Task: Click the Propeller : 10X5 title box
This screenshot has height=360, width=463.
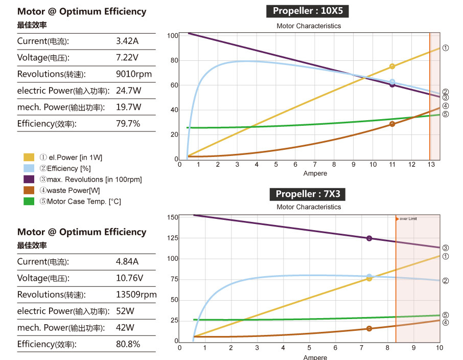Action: pyautogui.click(x=308, y=11)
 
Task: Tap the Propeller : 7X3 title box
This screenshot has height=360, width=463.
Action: pyautogui.click(x=308, y=194)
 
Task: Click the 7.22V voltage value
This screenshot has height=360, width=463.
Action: pyautogui.click(x=127, y=57)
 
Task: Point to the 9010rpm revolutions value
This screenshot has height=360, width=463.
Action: pyautogui.click(x=134, y=74)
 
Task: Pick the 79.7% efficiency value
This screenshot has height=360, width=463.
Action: pyautogui.click(x=128, y=123)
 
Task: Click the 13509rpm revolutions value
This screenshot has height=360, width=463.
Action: pyautogui.click(x=136, y=295)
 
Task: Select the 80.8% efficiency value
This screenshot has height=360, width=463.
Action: pyautogui.click(x=128, y=344)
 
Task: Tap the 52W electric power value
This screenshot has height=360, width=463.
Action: pyautogui.click(x=125, y=311)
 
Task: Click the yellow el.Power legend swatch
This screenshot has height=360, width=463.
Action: pyautogui.click(x=29, y=157)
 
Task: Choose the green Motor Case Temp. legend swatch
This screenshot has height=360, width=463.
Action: pyautogui.click(x=29, y=201)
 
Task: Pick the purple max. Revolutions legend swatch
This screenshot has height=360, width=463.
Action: pyautogui.click(x=29, y=179)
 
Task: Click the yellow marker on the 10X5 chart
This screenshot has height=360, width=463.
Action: pyautogui.click(x=392, y=66)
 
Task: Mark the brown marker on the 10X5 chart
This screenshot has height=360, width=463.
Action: pyautogui.click(x=392, y=124)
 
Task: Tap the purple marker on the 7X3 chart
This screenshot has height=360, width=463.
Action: pyautogui.click(x=369, y=238)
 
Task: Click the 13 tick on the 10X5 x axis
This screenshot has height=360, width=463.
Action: pyautogui.click(x=431, y=164)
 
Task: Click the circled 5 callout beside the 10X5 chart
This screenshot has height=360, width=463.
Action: pyautogui.click(x=445, y=114)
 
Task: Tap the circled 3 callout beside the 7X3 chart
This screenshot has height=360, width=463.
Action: pyautogui.click(x=445, y=248)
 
